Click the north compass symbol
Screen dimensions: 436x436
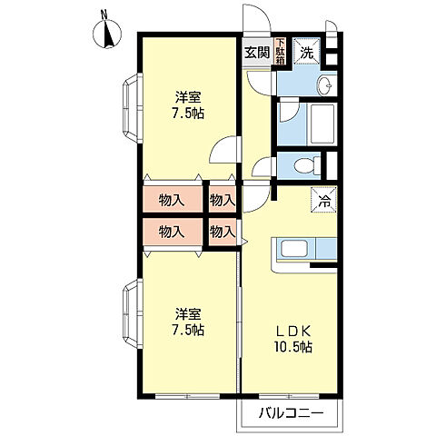tap(106, 34)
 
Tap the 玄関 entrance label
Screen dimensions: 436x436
tap(257, 53)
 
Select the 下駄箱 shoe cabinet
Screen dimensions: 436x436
tap(280, 51)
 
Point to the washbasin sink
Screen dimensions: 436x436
tap(326, 84)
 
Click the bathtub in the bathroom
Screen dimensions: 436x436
tap(321, 124)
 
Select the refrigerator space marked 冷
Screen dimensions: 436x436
tap(324, 200)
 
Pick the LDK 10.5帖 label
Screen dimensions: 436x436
tap(293, 340)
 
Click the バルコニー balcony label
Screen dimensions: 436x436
tap(292, 412)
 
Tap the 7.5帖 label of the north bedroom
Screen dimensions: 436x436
tap(188, 114)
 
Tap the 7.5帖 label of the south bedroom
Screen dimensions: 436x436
tap(188, 330)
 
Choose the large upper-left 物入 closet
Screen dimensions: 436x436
tap(173, 199)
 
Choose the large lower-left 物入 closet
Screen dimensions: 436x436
tap(173, 232)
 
